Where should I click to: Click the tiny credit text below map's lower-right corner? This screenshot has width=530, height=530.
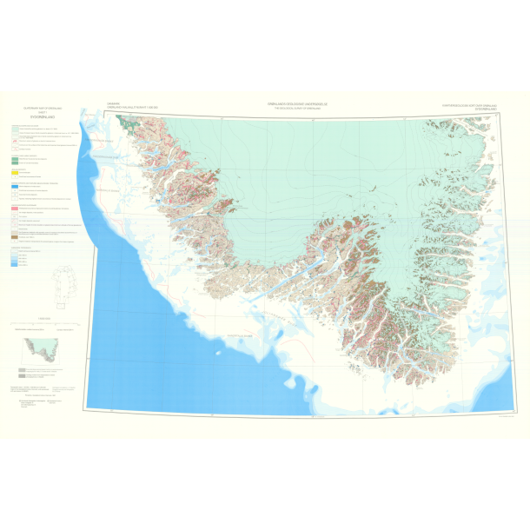499,414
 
